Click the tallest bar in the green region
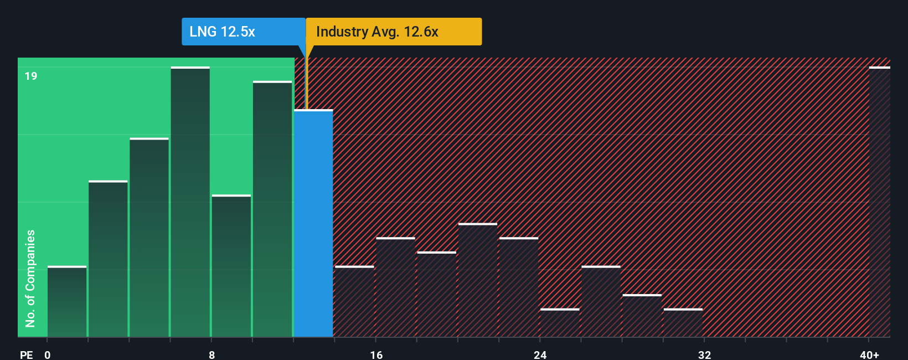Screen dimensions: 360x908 click(x=190, y=202)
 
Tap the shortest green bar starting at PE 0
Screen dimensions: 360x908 click(x=67, y=302)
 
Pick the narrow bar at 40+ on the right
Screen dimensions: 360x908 click(x=879, y=202)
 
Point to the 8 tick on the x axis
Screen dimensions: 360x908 click(x=211, y=354)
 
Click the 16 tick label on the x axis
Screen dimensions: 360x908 click(x=376, y=354)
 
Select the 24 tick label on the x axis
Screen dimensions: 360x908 click(x=540, y=354)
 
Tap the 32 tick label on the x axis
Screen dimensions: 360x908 click(x=704, y=354)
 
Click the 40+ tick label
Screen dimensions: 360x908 click(x=869, y=354)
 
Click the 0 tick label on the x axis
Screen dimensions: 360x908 click(x=48, y=354)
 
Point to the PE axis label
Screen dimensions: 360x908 click(x=26, y=354)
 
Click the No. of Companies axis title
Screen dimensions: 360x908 click(x=30, y=278)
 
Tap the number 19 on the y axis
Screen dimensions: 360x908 click(x=31, y=76)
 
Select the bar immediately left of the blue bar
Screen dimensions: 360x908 click(x=272, y=209)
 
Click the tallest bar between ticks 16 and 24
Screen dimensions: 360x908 click(x=478, y=280)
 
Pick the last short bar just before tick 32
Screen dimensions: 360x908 click(x=683, y=323)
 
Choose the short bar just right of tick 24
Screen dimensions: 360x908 click(x=560, y=323)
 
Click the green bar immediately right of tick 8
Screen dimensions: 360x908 click(x=231, y=266)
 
